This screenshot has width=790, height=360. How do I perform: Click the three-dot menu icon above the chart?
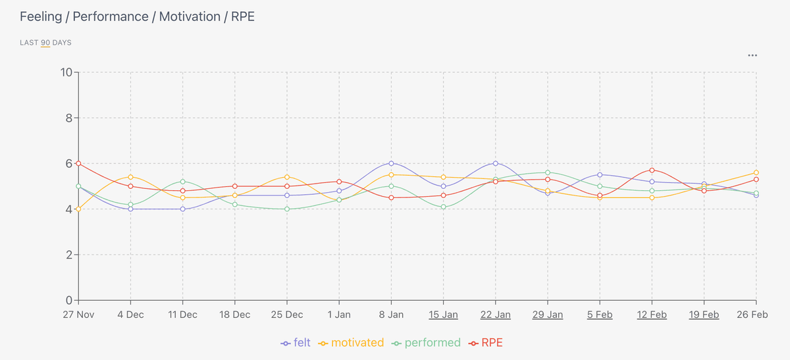(x=752, y=55)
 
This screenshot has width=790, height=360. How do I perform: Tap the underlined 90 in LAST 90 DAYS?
(x=45, y=43)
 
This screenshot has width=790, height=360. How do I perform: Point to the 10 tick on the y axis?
(x=66, y=72)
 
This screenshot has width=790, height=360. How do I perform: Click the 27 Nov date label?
(x=78, y=315)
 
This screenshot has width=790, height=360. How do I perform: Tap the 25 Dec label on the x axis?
(x=287, y=315)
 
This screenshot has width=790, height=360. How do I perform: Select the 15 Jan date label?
(x=443, y=315)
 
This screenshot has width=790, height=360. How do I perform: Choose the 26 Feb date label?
(x=752, y=315)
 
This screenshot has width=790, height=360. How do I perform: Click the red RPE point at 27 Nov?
(x=78, y=163)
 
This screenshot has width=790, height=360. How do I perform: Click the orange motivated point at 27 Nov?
(x=78, y=209)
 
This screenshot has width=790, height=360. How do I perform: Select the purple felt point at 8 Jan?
(x=391, y=163)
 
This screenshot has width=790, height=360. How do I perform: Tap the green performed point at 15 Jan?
(x=443, y=207)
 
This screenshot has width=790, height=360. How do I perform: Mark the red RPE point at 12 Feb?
(x=652, y=170)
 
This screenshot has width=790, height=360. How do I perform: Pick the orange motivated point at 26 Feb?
(x=756, y=172)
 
